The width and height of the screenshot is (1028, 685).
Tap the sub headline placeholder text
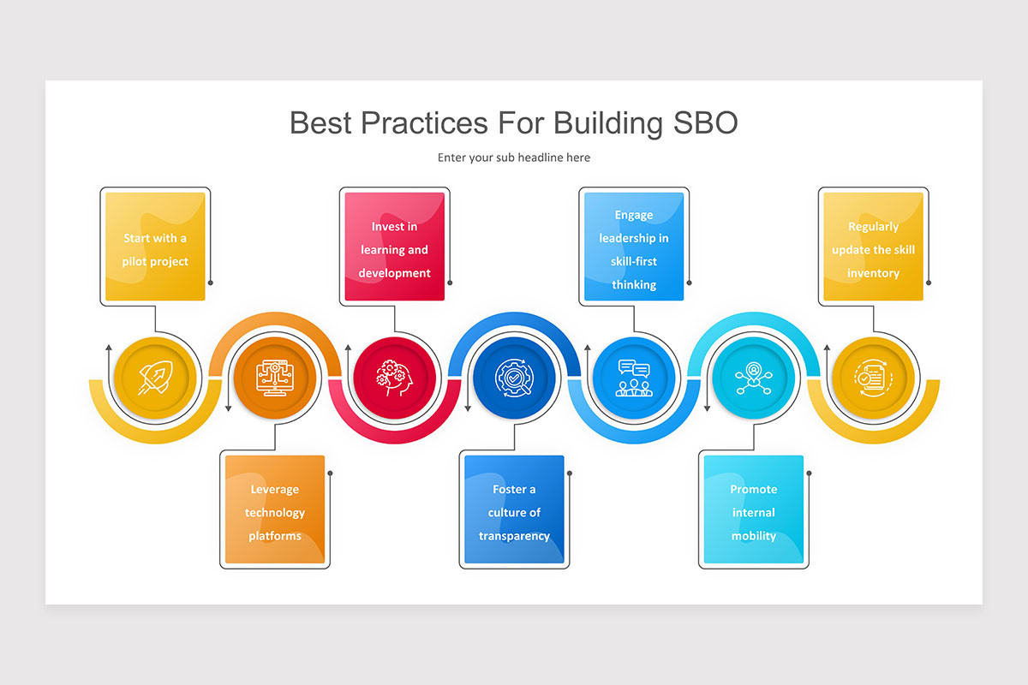[514, 158]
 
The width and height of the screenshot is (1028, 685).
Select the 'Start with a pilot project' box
[155, 247]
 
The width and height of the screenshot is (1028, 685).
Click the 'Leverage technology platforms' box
[275, 510]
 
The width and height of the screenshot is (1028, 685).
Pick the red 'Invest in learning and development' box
[395, 247]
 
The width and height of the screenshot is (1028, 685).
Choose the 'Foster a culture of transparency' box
[514, 510]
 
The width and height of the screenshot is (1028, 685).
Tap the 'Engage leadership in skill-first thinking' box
[634, 247]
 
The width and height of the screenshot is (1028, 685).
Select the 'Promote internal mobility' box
[754, 510]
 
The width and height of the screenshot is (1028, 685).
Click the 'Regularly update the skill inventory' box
[873, 247]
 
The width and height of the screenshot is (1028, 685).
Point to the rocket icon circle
[155, 377]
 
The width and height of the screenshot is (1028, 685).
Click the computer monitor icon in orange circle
[275, 377]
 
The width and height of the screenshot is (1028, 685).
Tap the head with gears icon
[395, 377]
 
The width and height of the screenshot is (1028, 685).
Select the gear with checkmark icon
[514, 377]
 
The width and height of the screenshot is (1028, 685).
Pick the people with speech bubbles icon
[634, 377]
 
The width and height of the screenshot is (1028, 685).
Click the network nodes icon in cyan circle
[754, 377]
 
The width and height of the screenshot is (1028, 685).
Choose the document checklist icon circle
[873, 377]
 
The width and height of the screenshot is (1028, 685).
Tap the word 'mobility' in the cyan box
[754, 536]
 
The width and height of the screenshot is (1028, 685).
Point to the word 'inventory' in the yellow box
[873, 273]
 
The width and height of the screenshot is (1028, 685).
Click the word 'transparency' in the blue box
[514, 536]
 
